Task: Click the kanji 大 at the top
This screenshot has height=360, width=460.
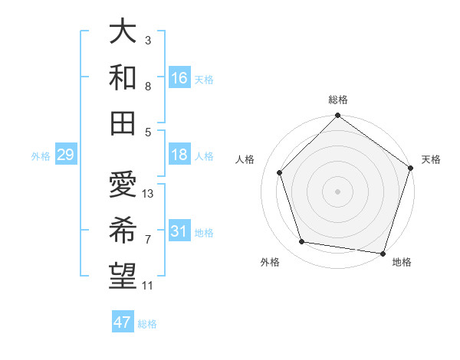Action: tap(123, 32)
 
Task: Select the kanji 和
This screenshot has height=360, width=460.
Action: tap(123, 77)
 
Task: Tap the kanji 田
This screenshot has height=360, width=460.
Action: tap(123, 121)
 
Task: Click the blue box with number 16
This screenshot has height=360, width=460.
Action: tap(179, 78)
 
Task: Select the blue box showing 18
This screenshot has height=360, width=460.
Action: tap(179, 155)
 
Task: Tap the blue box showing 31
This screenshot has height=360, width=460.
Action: tap(179, 232)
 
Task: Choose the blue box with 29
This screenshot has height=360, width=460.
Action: tap(65, 155)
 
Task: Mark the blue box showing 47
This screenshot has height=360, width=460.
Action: tap(123, 322)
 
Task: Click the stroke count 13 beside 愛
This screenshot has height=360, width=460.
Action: tap(148, 194)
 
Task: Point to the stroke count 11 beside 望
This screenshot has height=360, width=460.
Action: tap(148, 286)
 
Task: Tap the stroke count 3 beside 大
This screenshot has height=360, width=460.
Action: tap(148, 40)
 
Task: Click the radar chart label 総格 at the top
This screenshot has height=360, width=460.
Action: tap(338, 100)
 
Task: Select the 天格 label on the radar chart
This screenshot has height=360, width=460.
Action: tap(431, 159)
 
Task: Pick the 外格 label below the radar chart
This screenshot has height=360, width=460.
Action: tap(270, 262)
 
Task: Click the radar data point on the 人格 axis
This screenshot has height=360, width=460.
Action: tap(280, 172)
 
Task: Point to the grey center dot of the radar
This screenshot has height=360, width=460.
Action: tap(338, 191)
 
